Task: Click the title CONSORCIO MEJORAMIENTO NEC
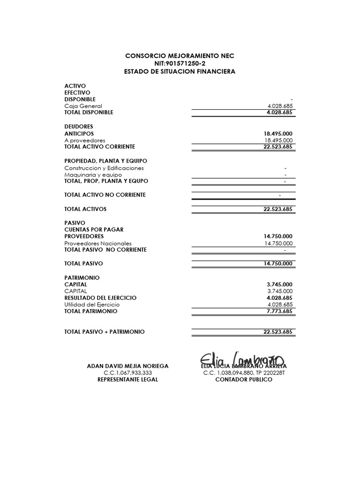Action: pos(180,56)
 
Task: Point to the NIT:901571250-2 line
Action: pos(180,64)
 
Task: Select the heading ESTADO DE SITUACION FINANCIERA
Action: pos(180,72)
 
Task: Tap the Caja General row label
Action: pos(83,106)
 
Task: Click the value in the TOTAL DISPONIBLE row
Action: pos(279,112)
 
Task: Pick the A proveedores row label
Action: pos(84,140)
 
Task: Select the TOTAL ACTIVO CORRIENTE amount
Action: pos(278,147)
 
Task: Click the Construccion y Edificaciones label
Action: pos(104,168)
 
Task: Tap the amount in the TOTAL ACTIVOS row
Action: pos(278,209)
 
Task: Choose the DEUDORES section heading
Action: pos(79,127)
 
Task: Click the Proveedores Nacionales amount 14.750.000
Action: pos(278,243)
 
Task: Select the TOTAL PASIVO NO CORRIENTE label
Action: pos(105,250)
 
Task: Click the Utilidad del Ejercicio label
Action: pos(92,305)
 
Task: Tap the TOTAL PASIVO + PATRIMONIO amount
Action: pos(278,332)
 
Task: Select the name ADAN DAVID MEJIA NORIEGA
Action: pos(128,366)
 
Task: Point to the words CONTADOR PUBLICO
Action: pos(243,380)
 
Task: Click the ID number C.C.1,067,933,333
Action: pos(127,373)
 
